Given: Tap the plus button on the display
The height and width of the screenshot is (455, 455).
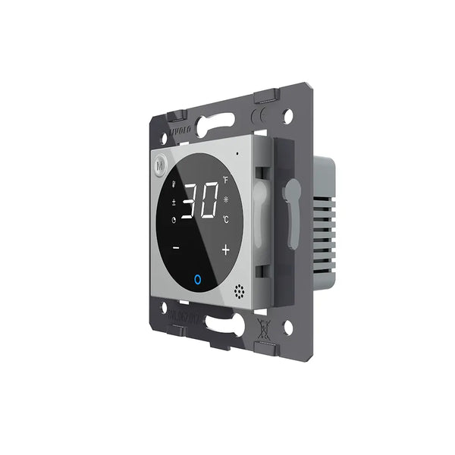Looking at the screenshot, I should click(225, 249).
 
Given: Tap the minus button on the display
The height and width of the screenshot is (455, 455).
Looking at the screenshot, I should click(176, 247).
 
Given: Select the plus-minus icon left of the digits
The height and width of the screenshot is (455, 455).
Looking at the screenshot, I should click(173, 202).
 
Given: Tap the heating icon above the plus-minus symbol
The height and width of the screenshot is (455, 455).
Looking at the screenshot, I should click(174, 184).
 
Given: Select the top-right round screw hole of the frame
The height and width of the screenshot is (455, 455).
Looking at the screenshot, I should click(287, 117).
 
